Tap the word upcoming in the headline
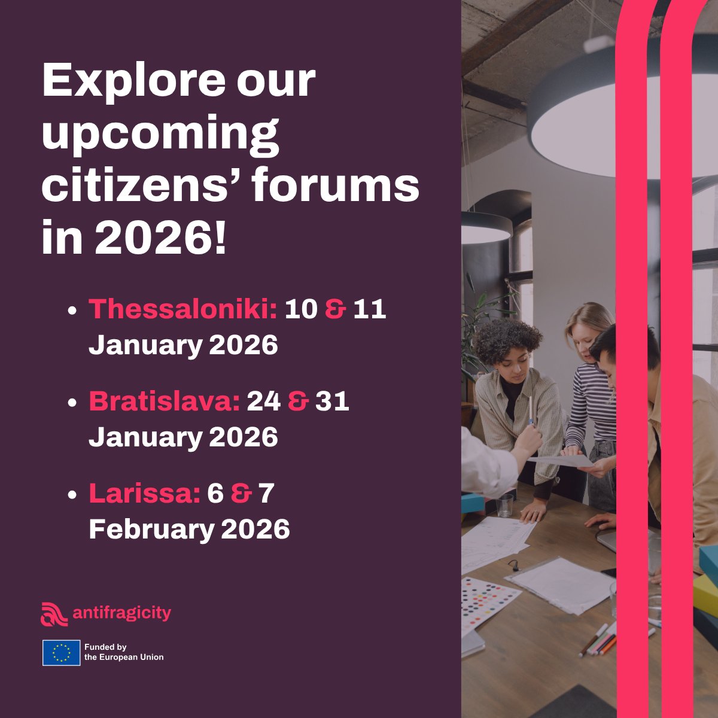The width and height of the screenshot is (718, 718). (x=160, y=135)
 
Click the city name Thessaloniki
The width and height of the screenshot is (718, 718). (x=182, y=309)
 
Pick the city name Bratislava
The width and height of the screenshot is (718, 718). (x=164, y=401)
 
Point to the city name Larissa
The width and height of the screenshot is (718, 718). (x=144, y=494)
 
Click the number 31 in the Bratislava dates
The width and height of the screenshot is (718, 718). (x=332, y=401)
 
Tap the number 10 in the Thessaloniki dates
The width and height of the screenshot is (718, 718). (x=300, y=309)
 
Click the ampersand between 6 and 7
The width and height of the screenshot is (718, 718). (x=241, y=494)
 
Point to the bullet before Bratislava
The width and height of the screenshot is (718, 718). (x=72, y=403)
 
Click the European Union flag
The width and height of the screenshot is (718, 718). (x=61, y=652)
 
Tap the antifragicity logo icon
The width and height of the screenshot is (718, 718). (x=54, y=614)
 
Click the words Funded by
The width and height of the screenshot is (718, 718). (x=105, y=647)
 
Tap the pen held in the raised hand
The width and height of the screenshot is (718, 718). (x=530, y=410)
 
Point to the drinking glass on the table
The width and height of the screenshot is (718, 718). (x=505, y=506)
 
